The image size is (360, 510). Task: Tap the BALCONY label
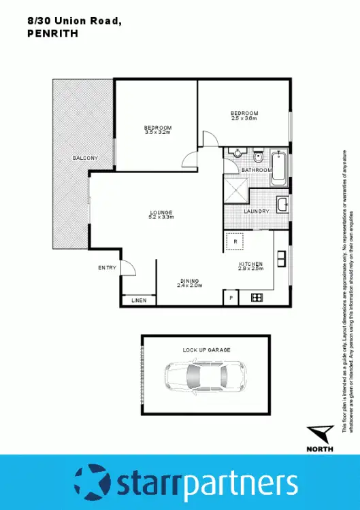click(86, 158)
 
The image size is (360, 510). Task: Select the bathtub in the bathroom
click(278, 168)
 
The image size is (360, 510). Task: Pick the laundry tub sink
click(282, 204)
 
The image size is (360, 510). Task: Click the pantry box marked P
click(231, 298)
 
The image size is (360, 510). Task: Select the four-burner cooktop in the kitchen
click(257, 297)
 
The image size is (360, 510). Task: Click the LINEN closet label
click(139, 300)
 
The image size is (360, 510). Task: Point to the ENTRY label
click(108, 268)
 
